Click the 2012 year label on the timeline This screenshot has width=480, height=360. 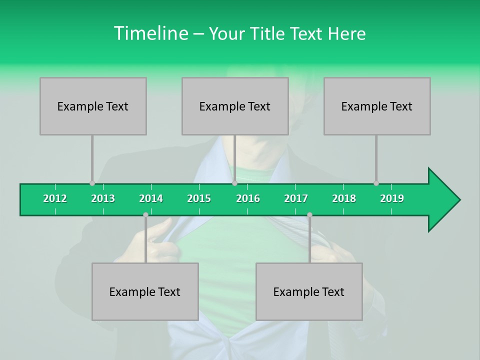[55, 198]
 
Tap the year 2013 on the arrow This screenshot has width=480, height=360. [103, 198]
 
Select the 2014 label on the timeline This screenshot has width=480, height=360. [151, 198]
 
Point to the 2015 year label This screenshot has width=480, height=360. [199, 198]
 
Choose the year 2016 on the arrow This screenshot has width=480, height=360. [248, 198]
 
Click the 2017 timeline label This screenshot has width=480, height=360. [296, 198]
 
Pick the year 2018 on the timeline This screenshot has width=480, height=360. [344, 198]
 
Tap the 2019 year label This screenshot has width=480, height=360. [392, 198]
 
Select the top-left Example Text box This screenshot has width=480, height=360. [93, 106]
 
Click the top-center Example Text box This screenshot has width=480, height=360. [235, 106]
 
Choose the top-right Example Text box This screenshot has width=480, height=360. [377, 106]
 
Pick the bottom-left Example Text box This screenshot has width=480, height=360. [145, 291]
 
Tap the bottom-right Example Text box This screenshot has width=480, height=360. [309, 291]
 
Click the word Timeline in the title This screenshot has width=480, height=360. [150, 33]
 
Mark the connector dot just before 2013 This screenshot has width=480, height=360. [92, 183]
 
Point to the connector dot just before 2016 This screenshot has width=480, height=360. [234, 183]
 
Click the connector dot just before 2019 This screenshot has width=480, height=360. [376, 183]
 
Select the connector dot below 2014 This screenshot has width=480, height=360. [145, 215]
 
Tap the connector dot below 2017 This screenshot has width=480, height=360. [309, 215]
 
